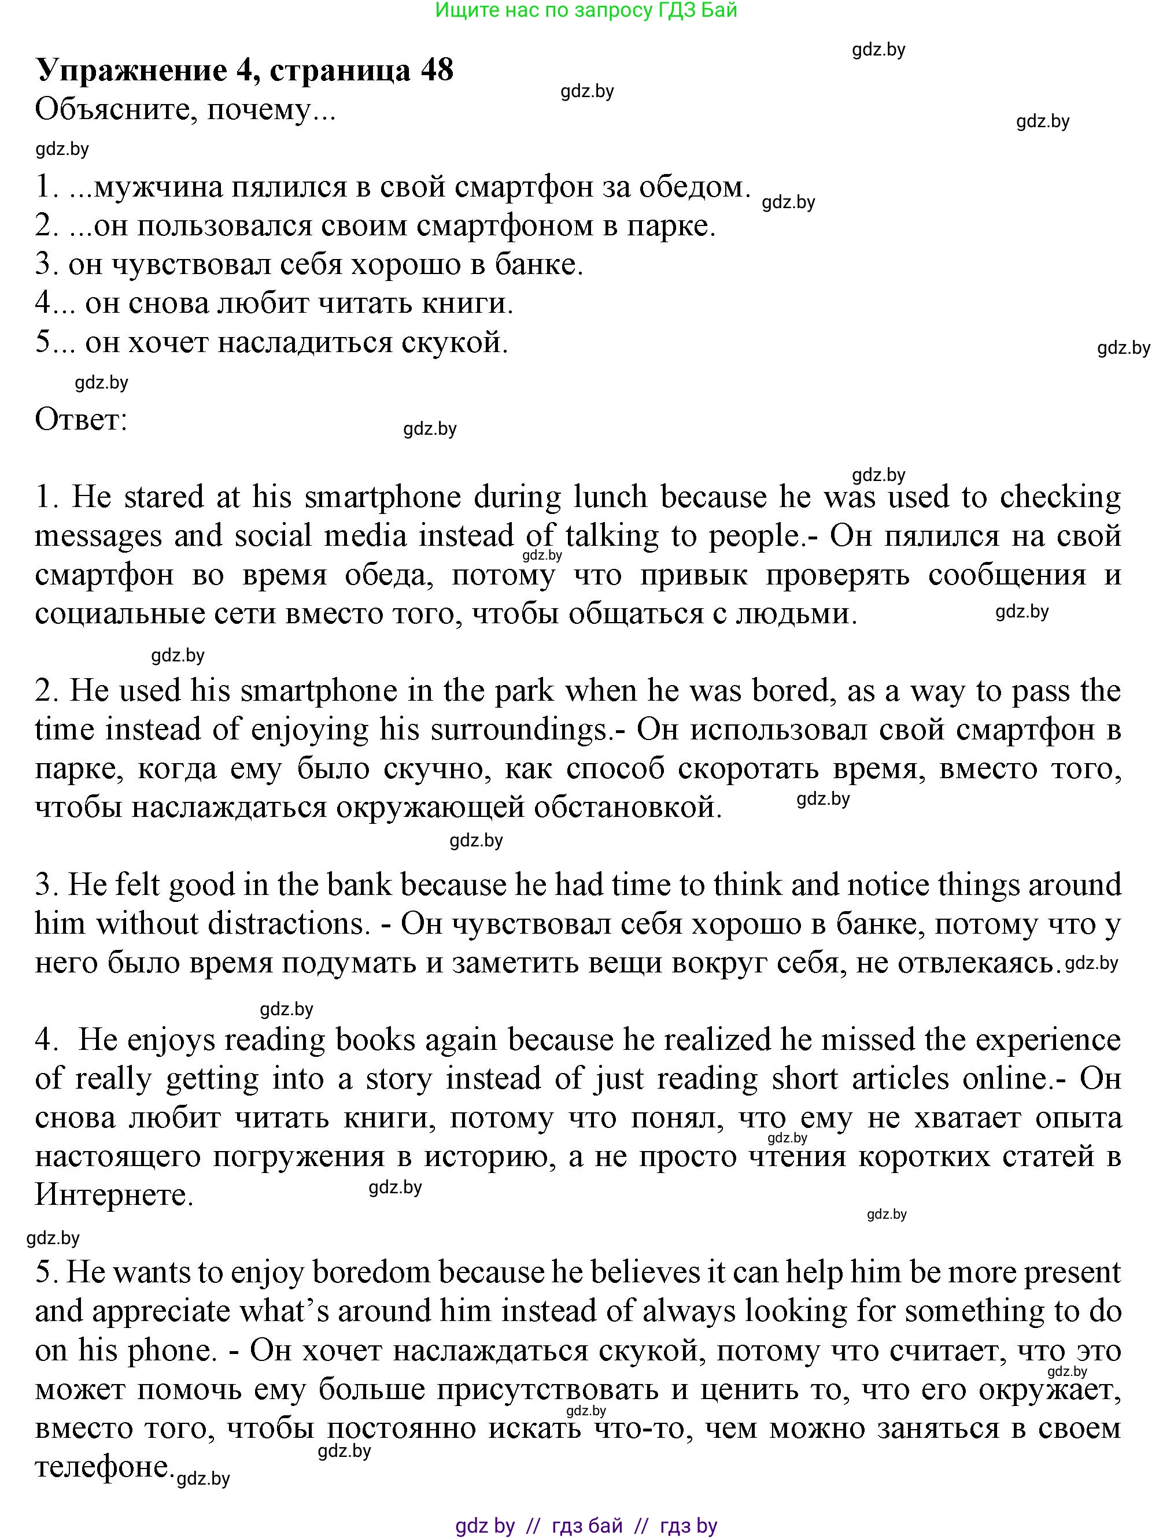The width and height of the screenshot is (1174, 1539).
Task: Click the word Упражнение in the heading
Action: click(131, 71)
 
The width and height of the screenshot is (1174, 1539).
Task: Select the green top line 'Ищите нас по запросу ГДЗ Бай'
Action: click(586, 10)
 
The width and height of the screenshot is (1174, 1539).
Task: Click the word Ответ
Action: click(81, 420)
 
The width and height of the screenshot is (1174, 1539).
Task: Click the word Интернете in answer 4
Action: click(113, 1195)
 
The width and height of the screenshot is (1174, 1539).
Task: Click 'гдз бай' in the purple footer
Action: click(587, 1526)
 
